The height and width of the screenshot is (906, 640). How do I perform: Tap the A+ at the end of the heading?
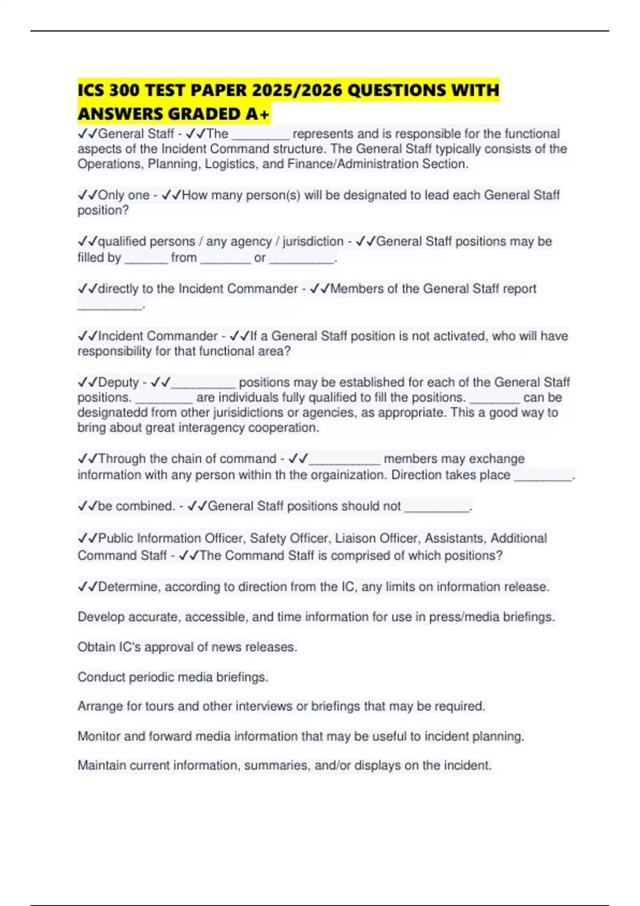coord(258,114)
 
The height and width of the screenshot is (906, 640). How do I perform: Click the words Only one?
coord(124,195)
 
